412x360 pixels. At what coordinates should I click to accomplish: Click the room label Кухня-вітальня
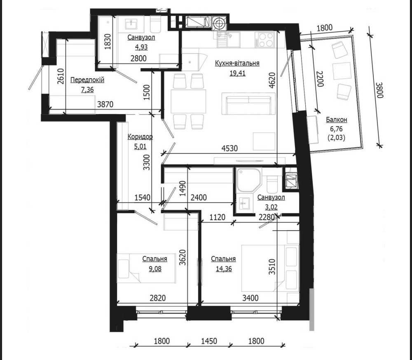coord(237,64)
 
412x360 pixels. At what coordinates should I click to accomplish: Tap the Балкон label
coord(337,120)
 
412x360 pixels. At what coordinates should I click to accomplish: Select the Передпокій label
coord(87,80)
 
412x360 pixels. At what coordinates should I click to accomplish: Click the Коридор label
coord(140,137)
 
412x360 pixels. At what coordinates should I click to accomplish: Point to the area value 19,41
coord(237,73)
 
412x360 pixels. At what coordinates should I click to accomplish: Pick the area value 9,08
coord(155,269)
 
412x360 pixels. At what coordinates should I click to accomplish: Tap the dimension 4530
coord(229,148)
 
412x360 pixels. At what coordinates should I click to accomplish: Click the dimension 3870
coord(105,104)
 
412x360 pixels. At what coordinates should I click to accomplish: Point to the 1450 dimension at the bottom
coord(209,341)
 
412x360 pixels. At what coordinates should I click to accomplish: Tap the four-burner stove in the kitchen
coord(264,40)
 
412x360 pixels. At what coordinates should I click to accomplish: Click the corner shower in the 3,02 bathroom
coord(248,180)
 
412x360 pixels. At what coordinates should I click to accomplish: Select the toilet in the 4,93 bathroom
coord(155,24)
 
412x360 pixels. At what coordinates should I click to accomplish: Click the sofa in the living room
coord(248,104)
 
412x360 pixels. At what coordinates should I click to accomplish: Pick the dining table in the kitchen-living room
coord(188,101)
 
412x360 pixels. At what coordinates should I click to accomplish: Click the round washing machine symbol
coord(219,23)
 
